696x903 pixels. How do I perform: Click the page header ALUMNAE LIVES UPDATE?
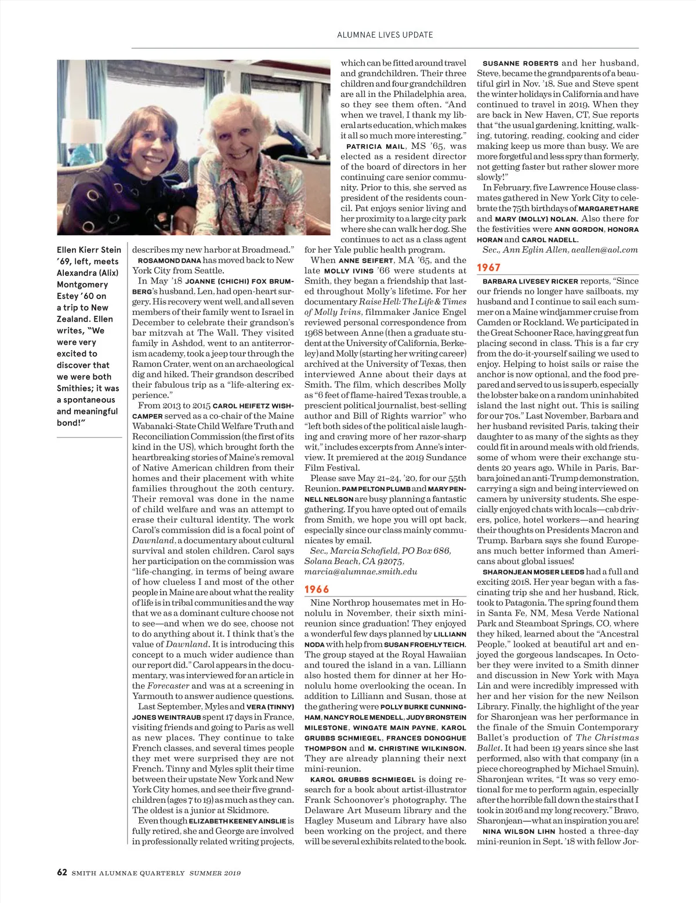tap(385, 35)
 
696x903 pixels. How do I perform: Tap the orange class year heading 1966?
tap(317, 589)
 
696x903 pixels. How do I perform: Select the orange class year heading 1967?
tap(488, 267)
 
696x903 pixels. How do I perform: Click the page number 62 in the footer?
tap(62, 872)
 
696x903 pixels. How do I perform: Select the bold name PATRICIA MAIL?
tap(375, 147)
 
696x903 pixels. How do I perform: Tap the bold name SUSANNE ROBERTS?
tap(520, 63)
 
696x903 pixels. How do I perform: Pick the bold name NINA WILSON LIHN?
tap(519, 831)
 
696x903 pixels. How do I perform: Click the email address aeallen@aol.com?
tap(604, 250)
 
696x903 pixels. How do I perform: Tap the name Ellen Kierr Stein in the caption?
tap(89, 250)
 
